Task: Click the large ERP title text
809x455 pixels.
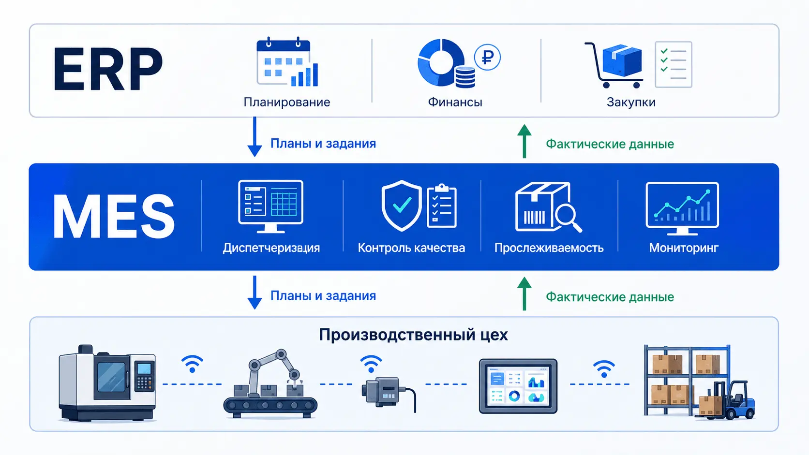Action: (x=108, y=69)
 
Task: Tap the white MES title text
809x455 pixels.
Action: (x=114, y=216)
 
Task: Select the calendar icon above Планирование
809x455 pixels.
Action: (x=287, y=62)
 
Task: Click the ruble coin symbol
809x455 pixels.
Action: (x=487, y=57)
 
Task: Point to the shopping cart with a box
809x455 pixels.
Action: (x=614, y=65)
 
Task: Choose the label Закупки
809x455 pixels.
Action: (x=631, y=102)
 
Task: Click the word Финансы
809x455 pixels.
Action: (x=455, y=102)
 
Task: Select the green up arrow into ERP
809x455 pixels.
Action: (x=524, y=141)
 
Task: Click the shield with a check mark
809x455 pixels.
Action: (x=402, y=205)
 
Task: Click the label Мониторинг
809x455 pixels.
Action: (x=684, y=248)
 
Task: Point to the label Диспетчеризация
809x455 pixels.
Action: (x=271, y=248)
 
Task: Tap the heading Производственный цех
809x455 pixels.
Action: (x=413, y=335)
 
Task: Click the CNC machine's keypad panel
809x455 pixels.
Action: (x=145, y=376)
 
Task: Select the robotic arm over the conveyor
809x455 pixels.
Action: (x=274, y=370)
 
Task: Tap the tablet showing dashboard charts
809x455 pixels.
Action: (x=518, y=386)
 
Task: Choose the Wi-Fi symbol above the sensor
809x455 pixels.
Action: (x=371, y=364)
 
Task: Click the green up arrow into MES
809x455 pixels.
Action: (x=524, y=294)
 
